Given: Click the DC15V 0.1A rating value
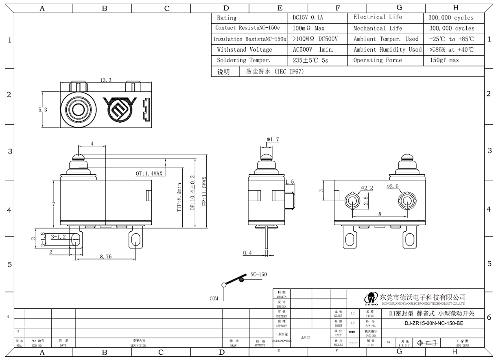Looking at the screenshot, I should [x=308, y=18].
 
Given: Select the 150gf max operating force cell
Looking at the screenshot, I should [x=444, y=60].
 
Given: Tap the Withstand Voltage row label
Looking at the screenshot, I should [x=244, y=50].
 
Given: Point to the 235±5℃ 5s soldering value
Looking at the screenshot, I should [x=310, y=60].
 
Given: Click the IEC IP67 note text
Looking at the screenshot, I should [x=275, y=71].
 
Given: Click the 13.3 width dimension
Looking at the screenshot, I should [x=106, y=80].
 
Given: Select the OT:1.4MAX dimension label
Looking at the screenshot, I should [x=149, y=173].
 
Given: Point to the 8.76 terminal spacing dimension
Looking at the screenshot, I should [x=106, y=257].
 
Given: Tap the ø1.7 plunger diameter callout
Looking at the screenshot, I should [x=273, y=140].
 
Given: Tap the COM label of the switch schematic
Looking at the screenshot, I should [x=214, y=299].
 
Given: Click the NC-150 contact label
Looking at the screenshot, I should [x=258, y=274].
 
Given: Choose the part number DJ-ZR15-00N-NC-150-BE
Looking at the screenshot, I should [x=434, y=324].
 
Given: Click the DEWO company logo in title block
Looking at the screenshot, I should [x=371, y=299].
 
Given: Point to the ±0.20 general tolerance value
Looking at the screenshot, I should [x=306, y=338].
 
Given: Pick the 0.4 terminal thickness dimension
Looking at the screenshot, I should [x=247, y=253].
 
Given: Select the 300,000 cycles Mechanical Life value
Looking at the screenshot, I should [x=452, y=29].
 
